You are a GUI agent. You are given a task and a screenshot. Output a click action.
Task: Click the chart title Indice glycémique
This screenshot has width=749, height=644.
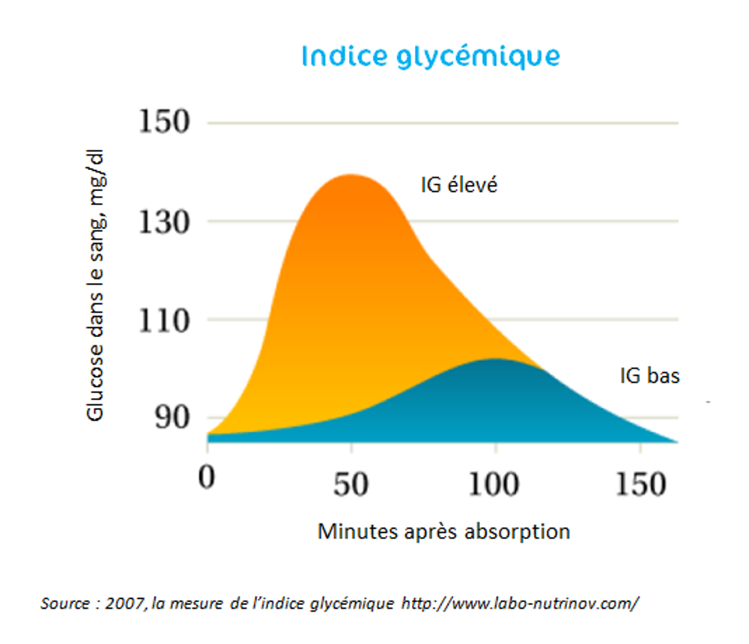[x=431, y=57]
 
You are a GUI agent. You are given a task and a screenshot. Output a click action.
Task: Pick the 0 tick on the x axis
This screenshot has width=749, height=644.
[x=207, y=480]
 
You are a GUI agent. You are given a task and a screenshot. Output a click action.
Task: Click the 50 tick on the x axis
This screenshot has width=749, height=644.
[x=351, y=484]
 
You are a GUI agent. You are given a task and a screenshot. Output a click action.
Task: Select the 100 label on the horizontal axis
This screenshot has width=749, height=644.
[x=494, y=484]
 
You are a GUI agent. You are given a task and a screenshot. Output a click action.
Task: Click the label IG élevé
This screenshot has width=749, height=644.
[x=459, y=184]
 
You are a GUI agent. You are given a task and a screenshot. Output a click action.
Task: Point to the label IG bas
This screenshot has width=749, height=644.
[x=649, y=375]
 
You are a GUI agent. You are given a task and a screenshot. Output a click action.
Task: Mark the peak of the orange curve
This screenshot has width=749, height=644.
[x=351, y=175]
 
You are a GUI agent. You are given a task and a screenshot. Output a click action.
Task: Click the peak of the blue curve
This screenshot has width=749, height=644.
[x=494, y=359]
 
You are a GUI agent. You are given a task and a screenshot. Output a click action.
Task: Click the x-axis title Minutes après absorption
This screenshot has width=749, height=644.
[x=443, y=532]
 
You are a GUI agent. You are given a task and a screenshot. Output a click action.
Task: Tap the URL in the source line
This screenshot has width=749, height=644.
[x=521, y=603]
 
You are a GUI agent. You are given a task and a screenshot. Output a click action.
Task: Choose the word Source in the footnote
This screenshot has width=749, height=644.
[x=64, y=603]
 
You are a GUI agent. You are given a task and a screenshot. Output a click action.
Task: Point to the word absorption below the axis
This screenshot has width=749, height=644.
[x=517, y=532]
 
